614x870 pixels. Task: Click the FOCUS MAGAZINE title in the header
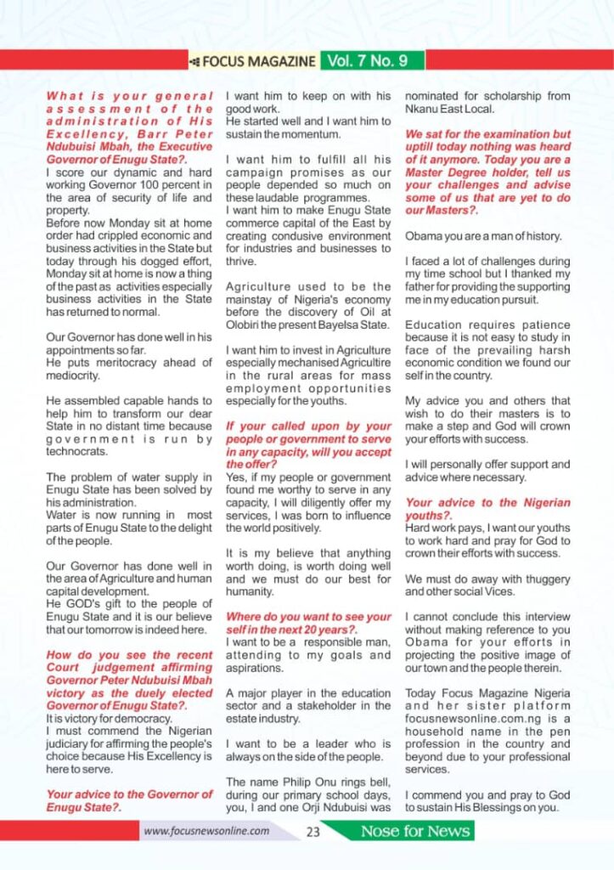tap(258, 61)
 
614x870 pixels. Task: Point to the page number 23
tap(313, 832)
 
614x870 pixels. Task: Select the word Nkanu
tap(422, 109)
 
